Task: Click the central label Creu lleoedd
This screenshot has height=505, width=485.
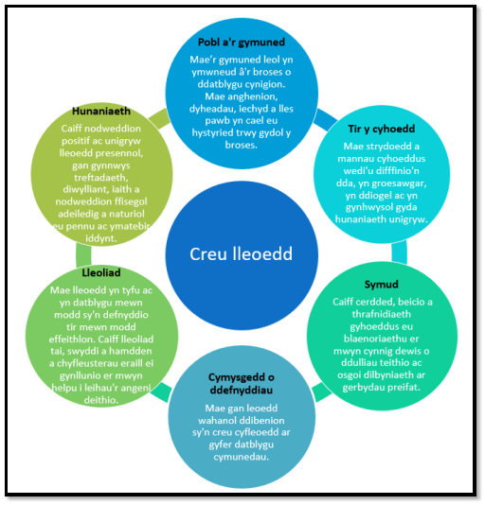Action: click(241, 254)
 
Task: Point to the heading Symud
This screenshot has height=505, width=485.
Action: click(381, 284)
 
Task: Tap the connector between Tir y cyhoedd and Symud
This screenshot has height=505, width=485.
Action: click(399, 252)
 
